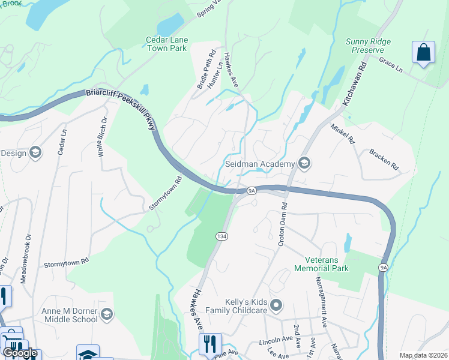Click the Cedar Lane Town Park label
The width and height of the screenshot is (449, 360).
pyautogui.click(x=167, y=44)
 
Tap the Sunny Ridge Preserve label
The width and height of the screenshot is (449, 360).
pyautogui.click(x=369, y=46)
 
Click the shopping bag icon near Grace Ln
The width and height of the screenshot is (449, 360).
pyautogui.click(x=423, y=52)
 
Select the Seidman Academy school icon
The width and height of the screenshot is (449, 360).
pyautogui.click(x=304, y=164)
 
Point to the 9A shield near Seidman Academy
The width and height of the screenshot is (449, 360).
pyautogui.click(x=252, y=191)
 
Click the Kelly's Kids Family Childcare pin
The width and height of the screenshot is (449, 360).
pyautogui.click(x=276, y=305)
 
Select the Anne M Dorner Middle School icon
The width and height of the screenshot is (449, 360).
pyautogui.click(x=106, y=314)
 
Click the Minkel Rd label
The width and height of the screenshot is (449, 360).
pyautogui.click(x=343, y=133)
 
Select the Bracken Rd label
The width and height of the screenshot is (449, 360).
pyautogui.click(x=384, y=158)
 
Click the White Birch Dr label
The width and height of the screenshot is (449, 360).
pyautogui.click(x=103, y=137)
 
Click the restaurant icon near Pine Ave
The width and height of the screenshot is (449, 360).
pyautogui.click(x=210, y=344)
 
